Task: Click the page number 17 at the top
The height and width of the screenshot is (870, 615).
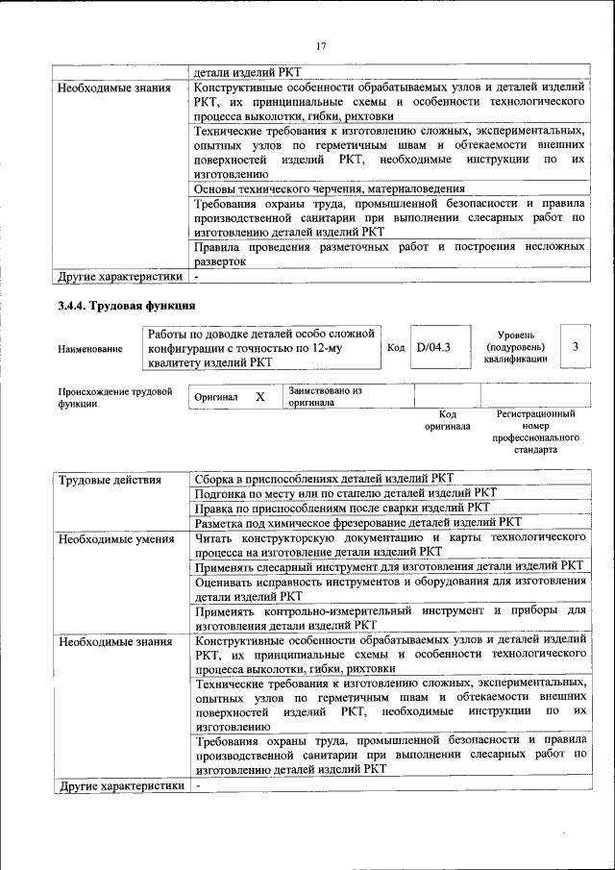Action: point(322,45)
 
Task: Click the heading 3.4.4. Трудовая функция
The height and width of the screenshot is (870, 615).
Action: point(126,307)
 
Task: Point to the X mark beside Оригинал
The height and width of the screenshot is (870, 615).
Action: point(259,397)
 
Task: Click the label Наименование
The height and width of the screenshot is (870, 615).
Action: point(90,348)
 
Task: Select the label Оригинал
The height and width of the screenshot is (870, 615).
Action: point(216,397)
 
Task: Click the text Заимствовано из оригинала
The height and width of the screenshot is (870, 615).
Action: point(324,397)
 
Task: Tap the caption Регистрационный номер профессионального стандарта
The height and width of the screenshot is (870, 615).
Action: point(535,431)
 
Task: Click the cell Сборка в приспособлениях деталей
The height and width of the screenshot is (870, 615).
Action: point(324,479)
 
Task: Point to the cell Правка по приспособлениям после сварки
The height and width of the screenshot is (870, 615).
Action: point(341,508)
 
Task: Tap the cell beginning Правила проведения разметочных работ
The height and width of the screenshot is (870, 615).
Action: point(389,254)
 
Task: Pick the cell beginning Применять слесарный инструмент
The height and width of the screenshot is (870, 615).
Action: point(389,567)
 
